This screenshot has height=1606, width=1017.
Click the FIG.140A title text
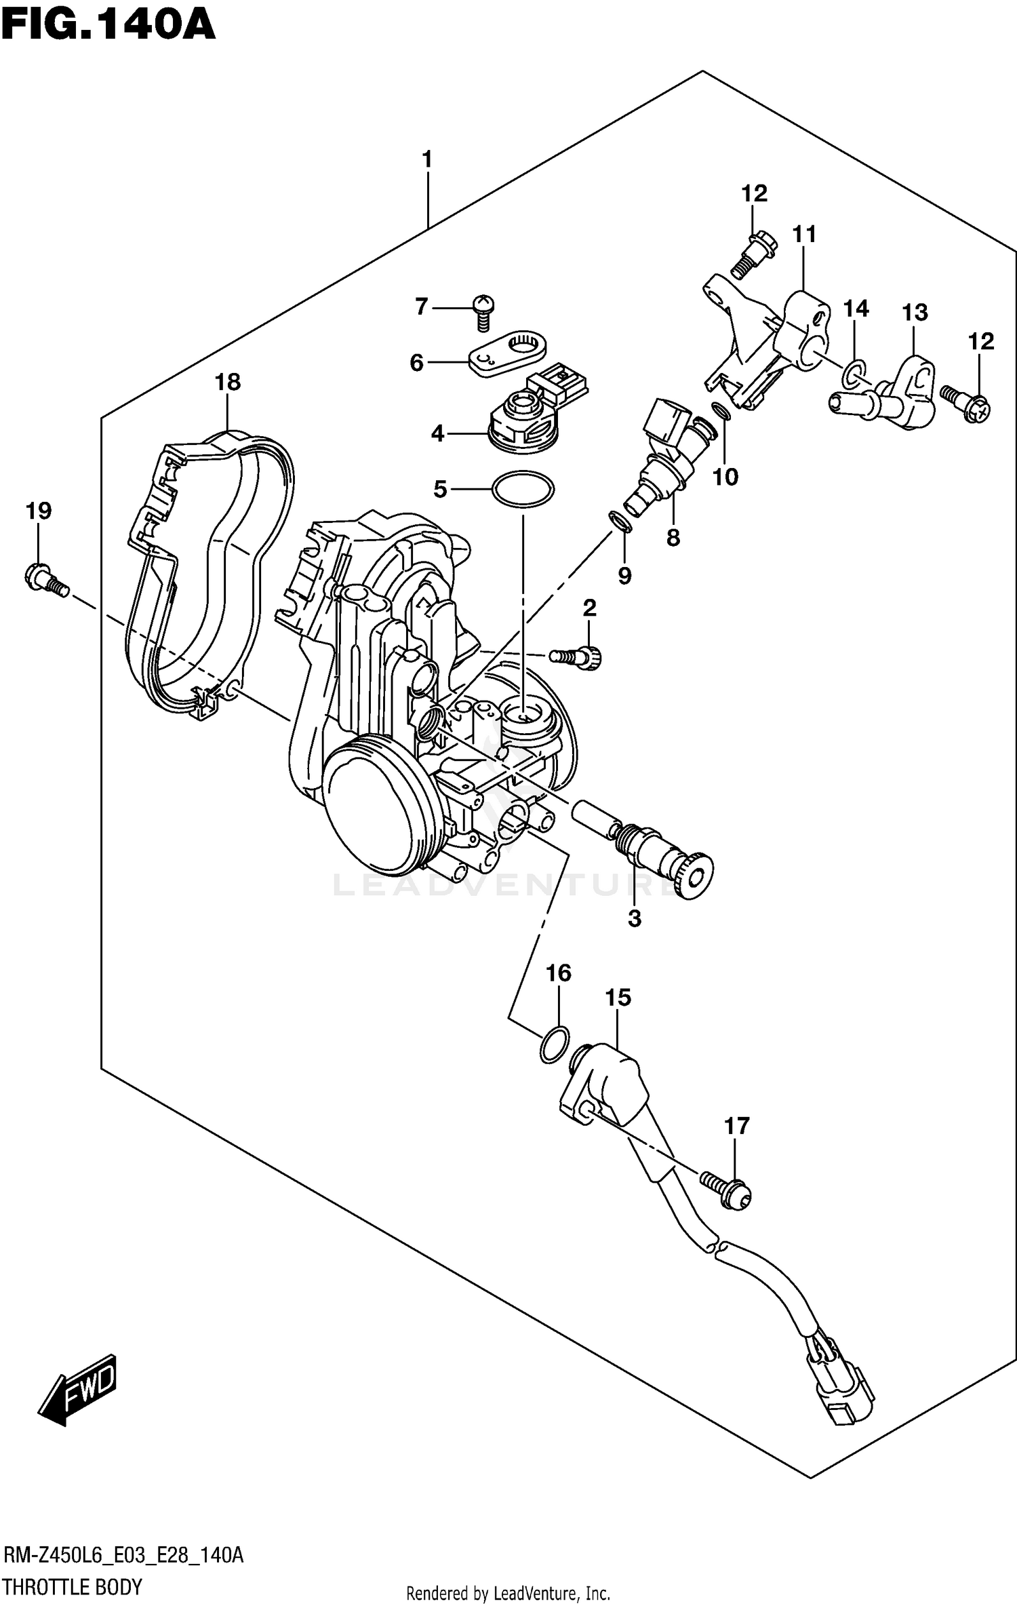108,26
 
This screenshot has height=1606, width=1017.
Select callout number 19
39,511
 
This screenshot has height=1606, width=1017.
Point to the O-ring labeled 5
523,489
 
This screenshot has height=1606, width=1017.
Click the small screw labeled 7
483,312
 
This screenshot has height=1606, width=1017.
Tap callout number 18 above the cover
228,382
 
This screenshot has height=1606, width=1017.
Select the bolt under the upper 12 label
751,254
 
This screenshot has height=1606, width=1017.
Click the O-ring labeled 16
553,1045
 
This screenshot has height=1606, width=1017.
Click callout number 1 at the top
426,160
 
